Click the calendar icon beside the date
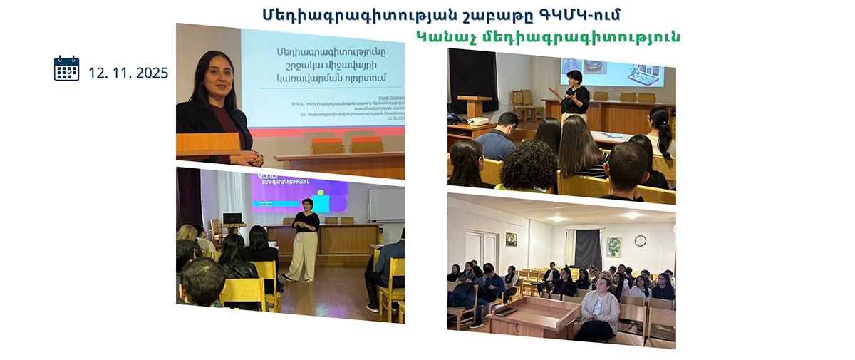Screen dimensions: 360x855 pyautogui.click(x=66, y=68)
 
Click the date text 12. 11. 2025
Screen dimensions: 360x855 pyautogui.click(x=128, y=73)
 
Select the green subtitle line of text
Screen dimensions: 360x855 pyautogui.click(x=547, y=36)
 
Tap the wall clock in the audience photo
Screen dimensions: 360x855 pyautogui.click(x=640, y=240)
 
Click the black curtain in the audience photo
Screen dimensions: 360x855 pyautogui.click(x=589, y=249)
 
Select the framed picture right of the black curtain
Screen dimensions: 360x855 pyautogui.click(x=613, y=246)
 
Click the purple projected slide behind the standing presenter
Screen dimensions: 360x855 pyautogui.click(x=299, y=194)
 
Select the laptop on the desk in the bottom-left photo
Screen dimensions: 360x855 pyautogui.click(x=232, y=218)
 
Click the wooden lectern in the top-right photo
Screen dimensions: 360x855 pyautogui.click(x=475, y=107)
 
